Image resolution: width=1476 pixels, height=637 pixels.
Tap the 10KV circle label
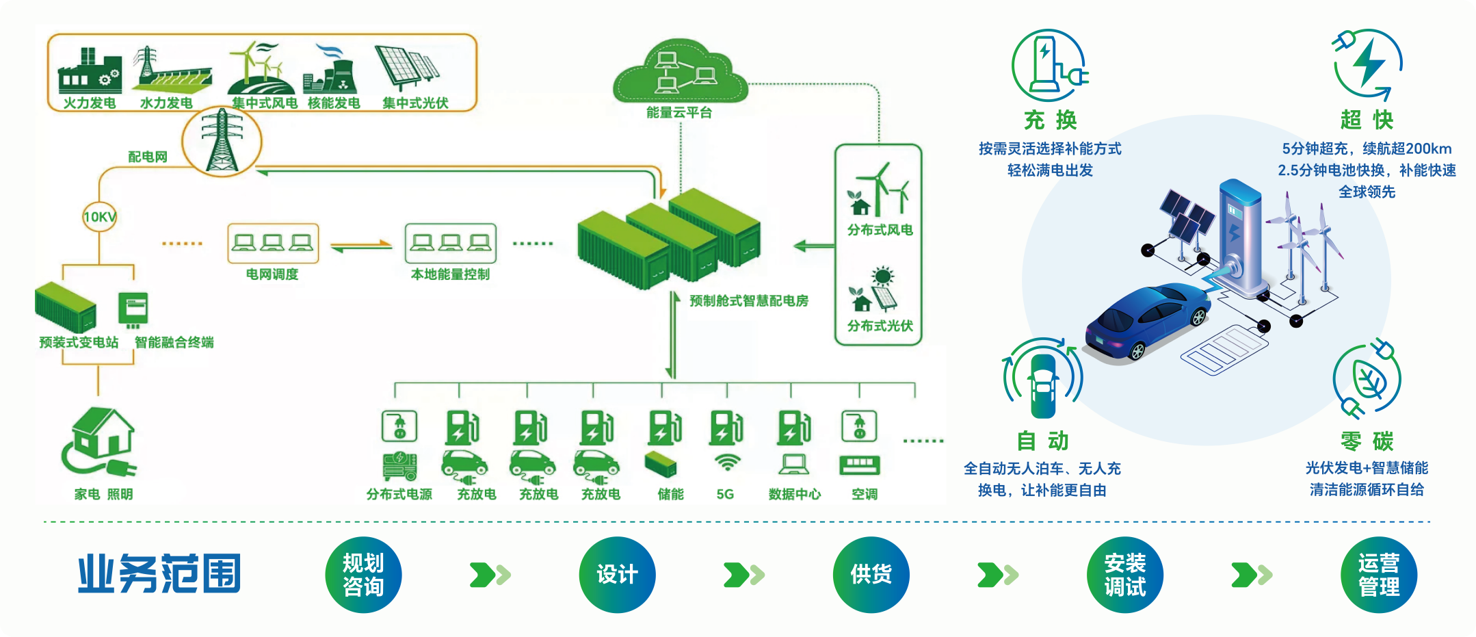pyautogui.click(x=100, y=217)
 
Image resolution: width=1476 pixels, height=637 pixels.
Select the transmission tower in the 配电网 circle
pyautogui.click(x=222, y=142)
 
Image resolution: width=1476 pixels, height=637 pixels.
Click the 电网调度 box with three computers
pyautogui.click(x=273, y=244)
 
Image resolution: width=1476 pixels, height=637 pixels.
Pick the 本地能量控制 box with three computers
pyautogui.click(x=450, y=244)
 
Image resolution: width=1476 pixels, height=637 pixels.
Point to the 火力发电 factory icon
pyautogui.click(x=90, y=71)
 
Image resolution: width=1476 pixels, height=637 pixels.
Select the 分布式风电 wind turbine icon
pyautogui.click(x=880, y=190)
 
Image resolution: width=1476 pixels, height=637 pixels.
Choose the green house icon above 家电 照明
pyautogui.click(x=101, y=441)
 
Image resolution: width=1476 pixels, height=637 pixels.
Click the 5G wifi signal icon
pyautogui.click(x=726, y=463)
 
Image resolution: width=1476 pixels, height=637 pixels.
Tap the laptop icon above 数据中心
pyautogui.click(x=793, y=465)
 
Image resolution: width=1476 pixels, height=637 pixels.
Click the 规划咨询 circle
pyautogui.click(x=363, y=575)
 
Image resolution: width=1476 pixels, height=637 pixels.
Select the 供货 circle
pyautogui.click(x=871, y=575)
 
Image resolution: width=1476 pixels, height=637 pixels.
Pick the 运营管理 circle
pyautogui.click(x=1378, y=575)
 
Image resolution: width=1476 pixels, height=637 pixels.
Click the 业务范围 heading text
pyautogui.click(x=159, y=573)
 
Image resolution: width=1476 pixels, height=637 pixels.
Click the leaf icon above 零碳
pyautogui.click(x=1367, y=378)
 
